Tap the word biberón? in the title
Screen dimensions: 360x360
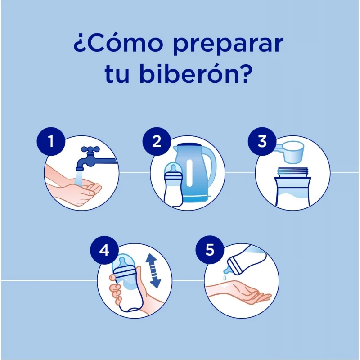[x=196, y=74]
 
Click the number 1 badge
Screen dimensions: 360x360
[x=51, y=141]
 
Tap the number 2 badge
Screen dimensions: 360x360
[x=157, y=141]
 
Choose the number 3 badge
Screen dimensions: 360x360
[x=262, y=141]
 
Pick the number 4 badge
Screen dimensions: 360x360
[x=104, y=250]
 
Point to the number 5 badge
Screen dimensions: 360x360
[x=210, y=250]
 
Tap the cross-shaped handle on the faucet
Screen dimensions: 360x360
[x=90, y=150]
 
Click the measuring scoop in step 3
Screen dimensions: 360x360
[x=290, y=152]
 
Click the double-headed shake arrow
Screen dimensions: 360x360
[x=153, y=271]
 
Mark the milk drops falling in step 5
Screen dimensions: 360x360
[x=225, y=277]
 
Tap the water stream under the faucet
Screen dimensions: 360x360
[x=78, y=178]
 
